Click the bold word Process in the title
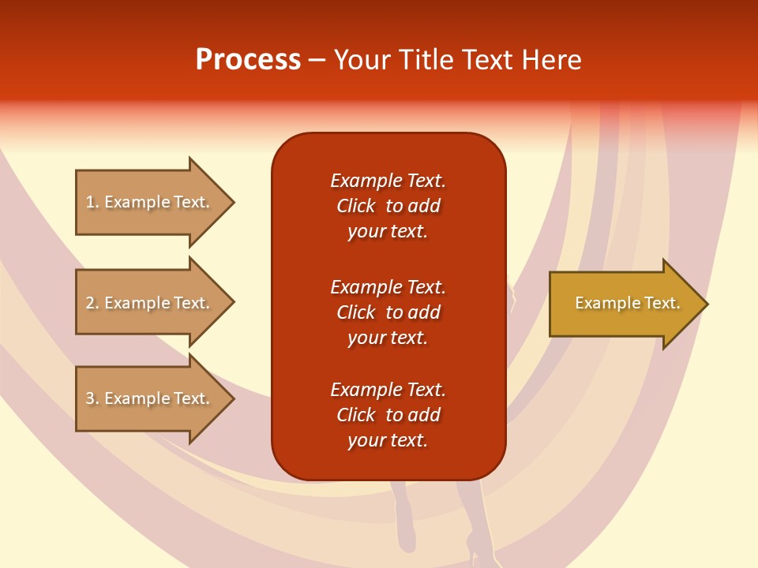tap(248, 60)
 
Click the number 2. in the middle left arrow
tap(92, 303)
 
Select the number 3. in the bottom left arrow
tap(92, 398)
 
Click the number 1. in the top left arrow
tap(92, 202)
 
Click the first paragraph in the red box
tap(388, 206)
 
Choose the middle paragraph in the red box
tap(388, 312)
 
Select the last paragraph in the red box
tap(388, 415)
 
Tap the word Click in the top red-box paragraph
tap(356, 206)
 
